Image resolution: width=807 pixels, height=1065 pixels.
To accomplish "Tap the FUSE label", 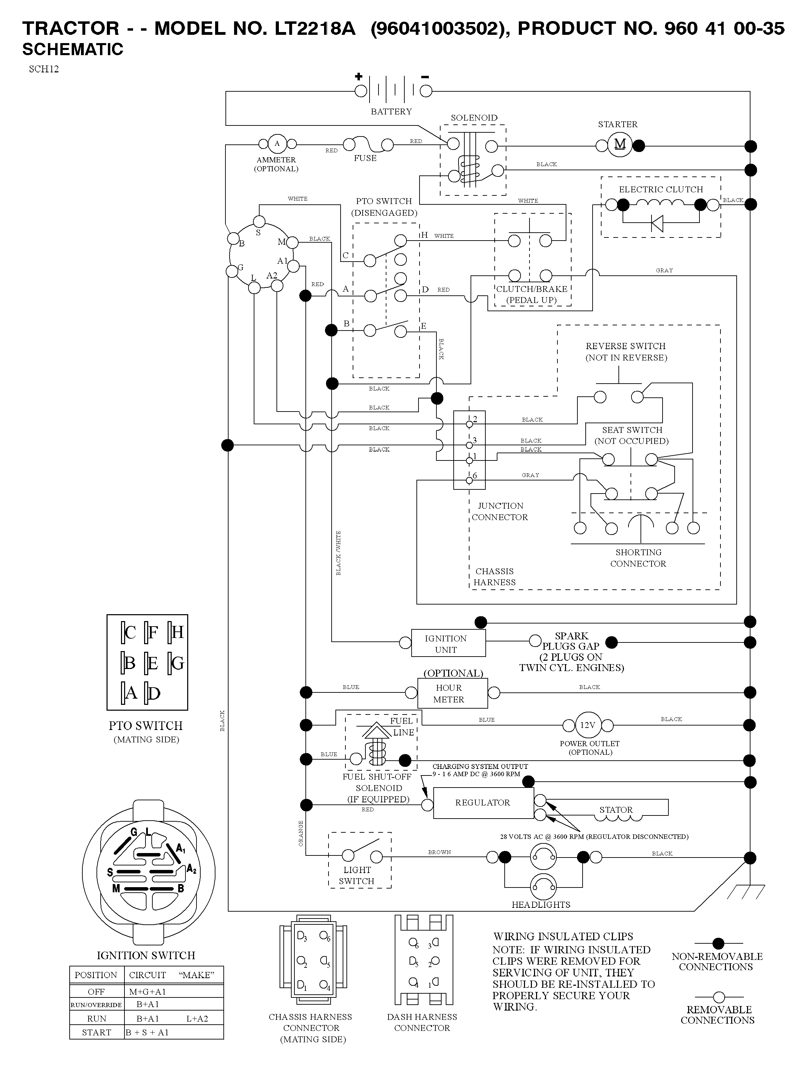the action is pos(365,158).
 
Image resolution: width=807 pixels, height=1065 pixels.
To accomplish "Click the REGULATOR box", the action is pos(483,803).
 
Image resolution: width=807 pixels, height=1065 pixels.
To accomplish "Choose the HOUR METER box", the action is pos(452,693).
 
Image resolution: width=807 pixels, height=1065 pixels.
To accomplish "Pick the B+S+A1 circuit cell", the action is pos(147,1032).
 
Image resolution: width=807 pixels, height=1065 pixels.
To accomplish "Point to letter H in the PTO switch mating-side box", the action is pos(177,632).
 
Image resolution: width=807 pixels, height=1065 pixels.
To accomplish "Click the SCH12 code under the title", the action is pos(44,69).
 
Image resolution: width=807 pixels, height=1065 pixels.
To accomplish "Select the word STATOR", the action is pos(616,810).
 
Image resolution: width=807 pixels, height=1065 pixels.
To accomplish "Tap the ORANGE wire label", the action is pos(301,833).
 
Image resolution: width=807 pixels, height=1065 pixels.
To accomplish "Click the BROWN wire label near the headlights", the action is pos(440,852).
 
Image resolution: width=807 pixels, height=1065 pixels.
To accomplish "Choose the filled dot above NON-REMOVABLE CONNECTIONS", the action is pos(718,943).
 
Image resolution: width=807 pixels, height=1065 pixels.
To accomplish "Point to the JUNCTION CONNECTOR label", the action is pos(500,511).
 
